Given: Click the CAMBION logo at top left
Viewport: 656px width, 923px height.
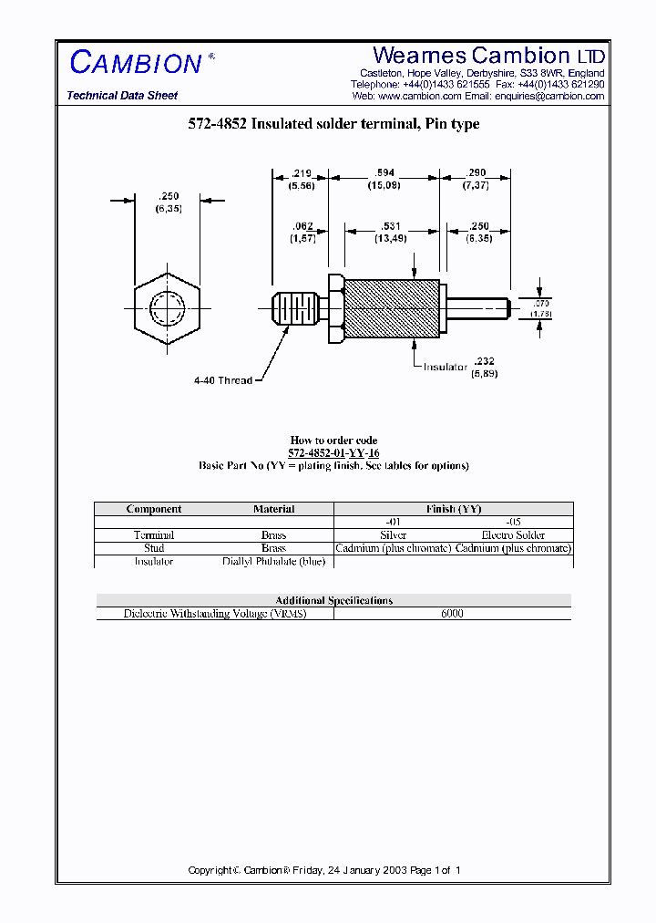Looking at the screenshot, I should (136, 63).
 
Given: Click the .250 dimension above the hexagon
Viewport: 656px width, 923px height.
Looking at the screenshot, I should (168, 195).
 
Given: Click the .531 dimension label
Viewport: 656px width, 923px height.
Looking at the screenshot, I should (391, 226).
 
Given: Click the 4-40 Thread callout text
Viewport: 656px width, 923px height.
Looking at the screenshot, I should (222, 380).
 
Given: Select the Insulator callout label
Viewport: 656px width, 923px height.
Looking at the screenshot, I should (445, 367).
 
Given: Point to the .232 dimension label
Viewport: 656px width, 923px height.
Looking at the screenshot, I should (485, 361).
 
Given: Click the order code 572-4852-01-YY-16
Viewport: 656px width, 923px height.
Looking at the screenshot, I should (333, 453).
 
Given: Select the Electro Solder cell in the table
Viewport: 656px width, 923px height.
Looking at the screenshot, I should (513, 535).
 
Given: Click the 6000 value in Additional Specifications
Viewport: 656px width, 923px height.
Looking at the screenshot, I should (452, 614).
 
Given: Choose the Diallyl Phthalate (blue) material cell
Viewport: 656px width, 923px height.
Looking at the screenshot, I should (273, 562).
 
